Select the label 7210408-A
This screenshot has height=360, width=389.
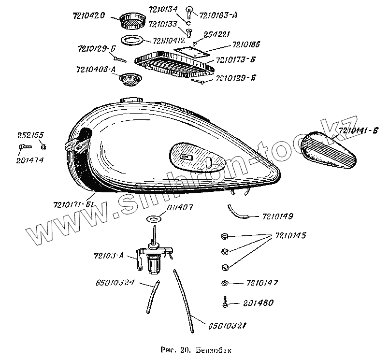pos(96,70)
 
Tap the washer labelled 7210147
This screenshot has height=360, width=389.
pos(225,283)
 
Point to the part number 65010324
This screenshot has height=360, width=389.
pos(115,282)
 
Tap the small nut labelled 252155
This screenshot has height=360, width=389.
pos(44,146)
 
